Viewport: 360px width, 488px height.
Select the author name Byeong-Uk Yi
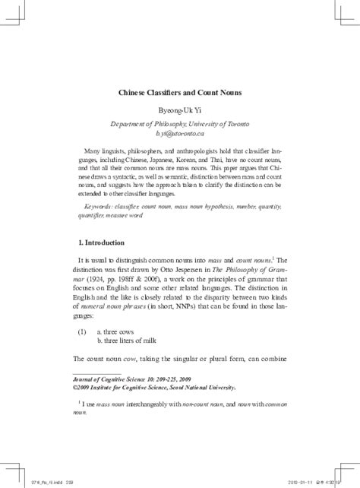pos(179,110)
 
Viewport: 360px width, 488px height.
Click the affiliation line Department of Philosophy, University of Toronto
pos(179,122)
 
